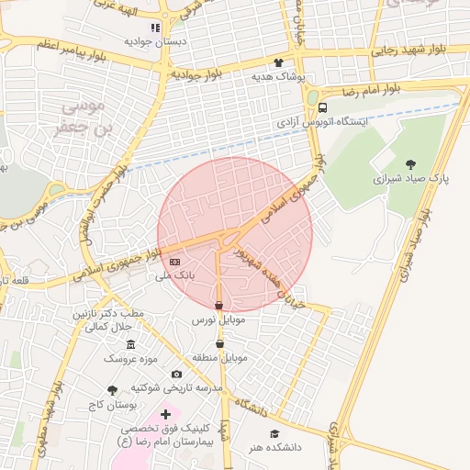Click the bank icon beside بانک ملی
175,263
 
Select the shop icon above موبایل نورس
218,307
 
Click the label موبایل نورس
218,320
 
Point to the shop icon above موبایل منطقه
218,343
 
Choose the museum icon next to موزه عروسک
131,345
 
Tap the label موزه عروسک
131,358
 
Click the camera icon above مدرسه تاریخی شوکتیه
176,374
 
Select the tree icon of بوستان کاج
113,390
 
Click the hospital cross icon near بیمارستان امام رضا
165,415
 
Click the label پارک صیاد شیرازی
408,178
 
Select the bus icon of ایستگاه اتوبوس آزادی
321,107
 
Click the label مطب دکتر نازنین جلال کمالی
103,320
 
